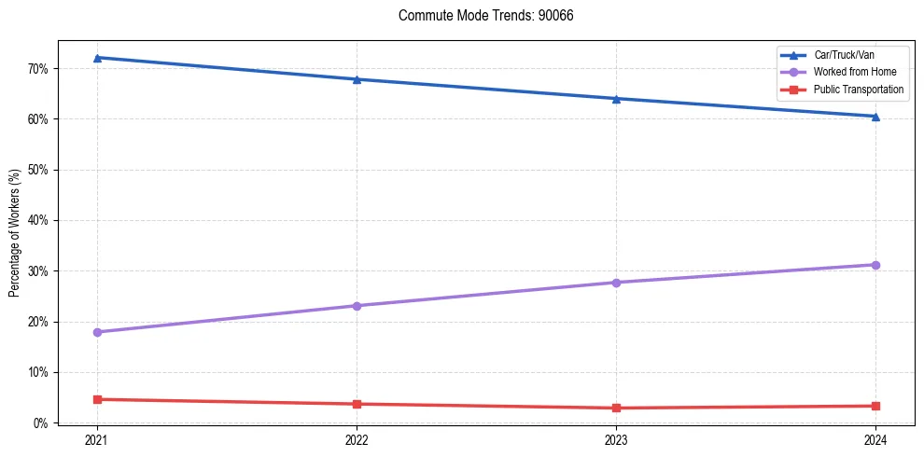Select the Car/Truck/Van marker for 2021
click(97, 58)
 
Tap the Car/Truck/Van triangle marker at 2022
click(357, 79)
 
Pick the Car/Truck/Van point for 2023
click(616, 99)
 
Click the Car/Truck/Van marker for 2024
click(875, 117)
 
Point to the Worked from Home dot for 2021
click(97, 332)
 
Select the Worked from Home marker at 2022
click(357, 306)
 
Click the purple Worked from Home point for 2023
click(616, 283)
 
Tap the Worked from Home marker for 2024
click(875, 265)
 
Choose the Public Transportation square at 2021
click(97, 399)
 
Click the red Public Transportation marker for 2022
click(357, 404)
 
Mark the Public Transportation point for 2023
click(616, 408)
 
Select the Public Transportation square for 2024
click(875, 406)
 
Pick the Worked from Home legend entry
click(849, 72)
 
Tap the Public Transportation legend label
click(858, 90)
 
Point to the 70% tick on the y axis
click(39, 69)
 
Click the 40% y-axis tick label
click(39, 221)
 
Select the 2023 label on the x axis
click(616, 439)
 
